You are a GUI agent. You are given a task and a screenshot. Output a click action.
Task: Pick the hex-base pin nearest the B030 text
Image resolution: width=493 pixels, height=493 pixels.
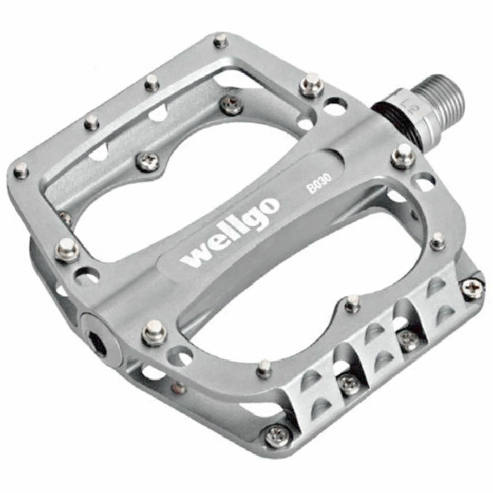[x=403, y=155]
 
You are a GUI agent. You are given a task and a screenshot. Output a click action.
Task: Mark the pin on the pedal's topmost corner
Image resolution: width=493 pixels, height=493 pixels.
[x=221, y=41]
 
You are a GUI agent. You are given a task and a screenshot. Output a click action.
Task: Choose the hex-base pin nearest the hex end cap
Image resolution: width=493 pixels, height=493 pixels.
[x=154, y=332]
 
